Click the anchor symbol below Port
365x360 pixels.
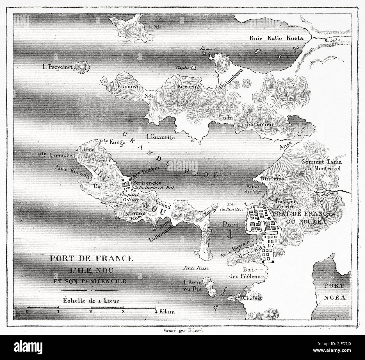tap(230, 234)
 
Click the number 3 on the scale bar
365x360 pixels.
tap(123, 312)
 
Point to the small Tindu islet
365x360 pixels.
tap(193, 67)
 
